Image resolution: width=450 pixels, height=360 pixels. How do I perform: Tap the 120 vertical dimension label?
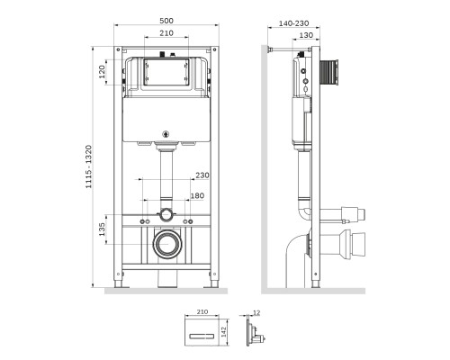(103, 70)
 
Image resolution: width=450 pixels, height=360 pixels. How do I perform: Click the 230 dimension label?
(201, 175)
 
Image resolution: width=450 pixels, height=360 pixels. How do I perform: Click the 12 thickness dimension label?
(257, 312)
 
